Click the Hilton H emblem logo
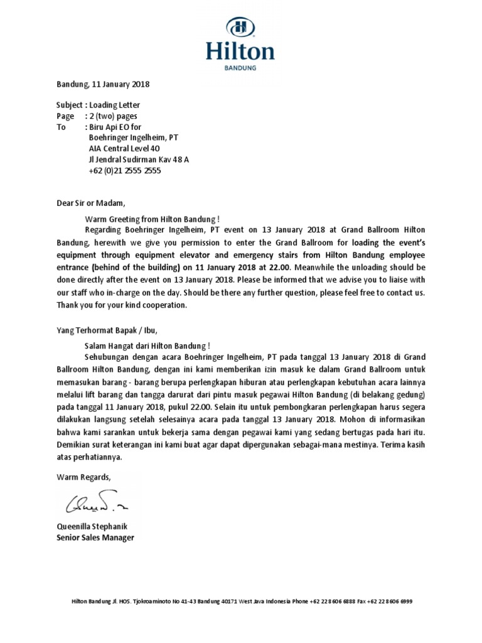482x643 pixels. click(240, 27)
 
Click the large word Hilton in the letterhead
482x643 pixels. click(240, 50)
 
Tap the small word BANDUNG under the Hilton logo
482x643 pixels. click(240, 68)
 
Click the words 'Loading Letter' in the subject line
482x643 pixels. click(115, 105)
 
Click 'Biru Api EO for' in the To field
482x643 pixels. click(115, 127)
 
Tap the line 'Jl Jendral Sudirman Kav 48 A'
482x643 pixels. click(139, 159)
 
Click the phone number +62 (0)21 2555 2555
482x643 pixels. click(125, 170)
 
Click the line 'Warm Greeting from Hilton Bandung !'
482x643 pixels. click(152, 219)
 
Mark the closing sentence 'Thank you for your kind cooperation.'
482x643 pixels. click(122, 305)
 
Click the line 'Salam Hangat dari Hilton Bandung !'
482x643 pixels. click(147, 345)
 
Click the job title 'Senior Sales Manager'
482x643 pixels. click(95, 538)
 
